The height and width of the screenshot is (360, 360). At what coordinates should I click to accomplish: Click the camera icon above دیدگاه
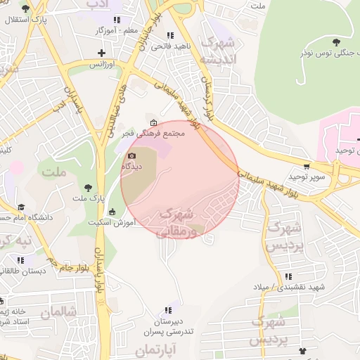tap(131, 156)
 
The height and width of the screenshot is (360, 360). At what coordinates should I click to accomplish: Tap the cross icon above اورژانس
tap(103, 53)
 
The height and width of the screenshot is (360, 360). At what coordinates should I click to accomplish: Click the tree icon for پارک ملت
tap(88, 187)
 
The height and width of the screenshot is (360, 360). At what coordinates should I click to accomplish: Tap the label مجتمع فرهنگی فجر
tap(159, 134)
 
